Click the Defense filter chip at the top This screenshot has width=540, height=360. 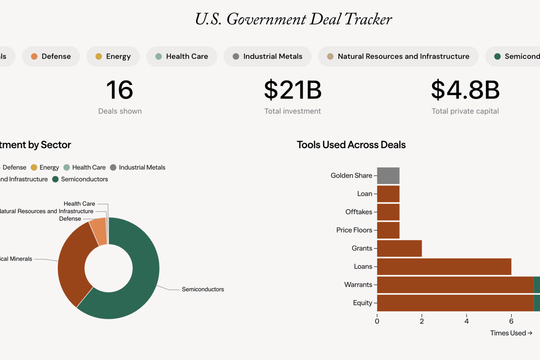pos(51,57)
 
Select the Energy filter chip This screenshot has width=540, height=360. pos(113,57)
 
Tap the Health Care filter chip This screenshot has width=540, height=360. pos(182,57)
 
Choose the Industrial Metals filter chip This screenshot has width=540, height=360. pos(267,57)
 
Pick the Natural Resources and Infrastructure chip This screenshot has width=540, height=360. pos(398,57)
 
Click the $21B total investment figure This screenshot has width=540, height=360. pos(292,90)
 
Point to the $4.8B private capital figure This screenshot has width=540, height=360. pos(465,90)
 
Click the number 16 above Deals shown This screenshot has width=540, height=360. pos(120,90)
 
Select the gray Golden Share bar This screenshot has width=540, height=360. pos(388,176)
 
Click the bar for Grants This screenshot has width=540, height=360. pos(399,248)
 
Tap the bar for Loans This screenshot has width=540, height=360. pos(444,267)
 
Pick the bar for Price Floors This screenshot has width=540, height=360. pos(388,230)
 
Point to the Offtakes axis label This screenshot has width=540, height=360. pos(359,212)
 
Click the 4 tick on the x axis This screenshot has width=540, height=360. pos(466,321)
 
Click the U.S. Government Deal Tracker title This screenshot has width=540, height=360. pos(293,19)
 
